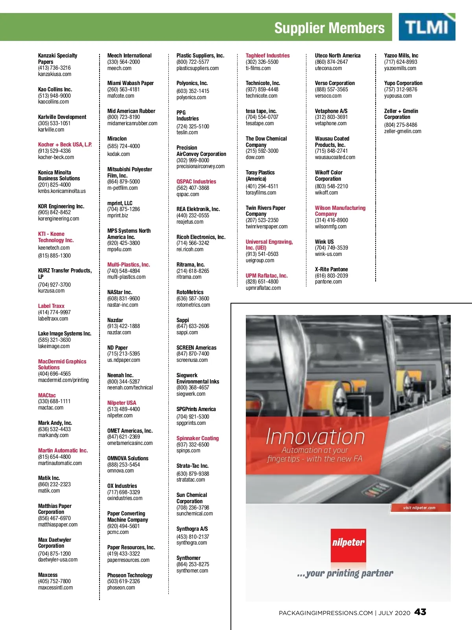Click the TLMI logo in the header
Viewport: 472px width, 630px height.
click(427, 27)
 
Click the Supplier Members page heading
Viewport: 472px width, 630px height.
click(329, 28)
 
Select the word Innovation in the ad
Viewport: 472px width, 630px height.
click(315, 437)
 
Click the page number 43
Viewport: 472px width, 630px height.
click(420, 612)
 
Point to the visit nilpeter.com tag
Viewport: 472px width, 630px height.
click(419, 508)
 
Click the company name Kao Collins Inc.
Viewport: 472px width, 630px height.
click(55, 89)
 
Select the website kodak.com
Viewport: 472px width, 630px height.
click(118, 154)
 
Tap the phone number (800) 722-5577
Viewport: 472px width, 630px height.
click(193, 62)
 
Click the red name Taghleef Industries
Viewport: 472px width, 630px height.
click(267, 56)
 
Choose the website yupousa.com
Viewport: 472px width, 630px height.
click(398, 96)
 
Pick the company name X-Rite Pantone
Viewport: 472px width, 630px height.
click(331, 269)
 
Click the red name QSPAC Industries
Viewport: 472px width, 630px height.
click(196, 182)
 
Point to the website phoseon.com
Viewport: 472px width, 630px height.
click(121, 587)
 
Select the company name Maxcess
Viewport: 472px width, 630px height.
click(48, 575)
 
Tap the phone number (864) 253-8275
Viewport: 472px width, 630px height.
click(193, 564)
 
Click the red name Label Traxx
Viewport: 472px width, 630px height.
click(51, 306)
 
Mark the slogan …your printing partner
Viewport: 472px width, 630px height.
click(345, 573)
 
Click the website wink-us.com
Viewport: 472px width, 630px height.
click(328, 254)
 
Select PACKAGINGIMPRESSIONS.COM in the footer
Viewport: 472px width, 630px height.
click(326, 613)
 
